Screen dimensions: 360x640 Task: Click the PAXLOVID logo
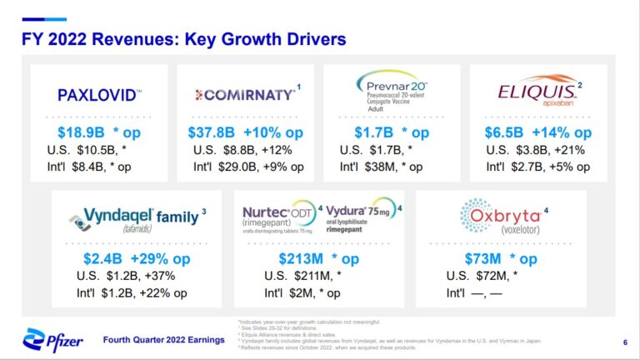pos(99,95)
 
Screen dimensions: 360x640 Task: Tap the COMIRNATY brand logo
pos(245,94)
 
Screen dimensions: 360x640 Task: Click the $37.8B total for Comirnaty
pos(212,132)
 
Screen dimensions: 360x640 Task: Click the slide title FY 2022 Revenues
pos(183,38)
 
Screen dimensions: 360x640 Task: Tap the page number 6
pos(625,342)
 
